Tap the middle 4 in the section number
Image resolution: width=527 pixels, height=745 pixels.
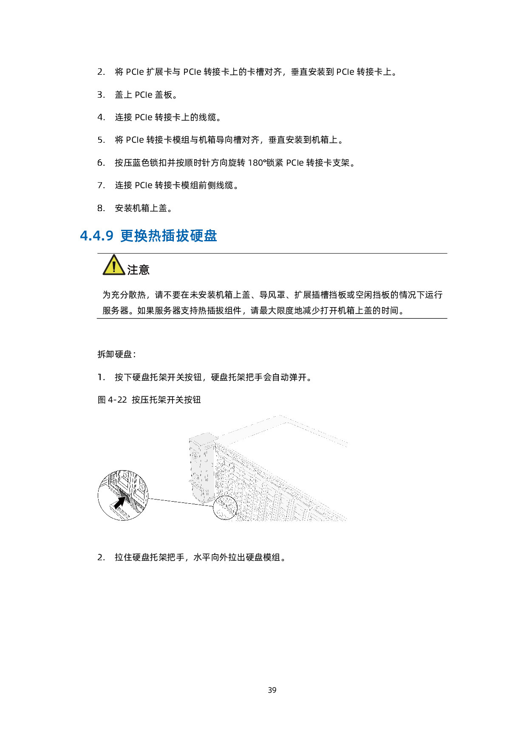click(96, 236)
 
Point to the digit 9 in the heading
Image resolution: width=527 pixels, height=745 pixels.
click(109, 236)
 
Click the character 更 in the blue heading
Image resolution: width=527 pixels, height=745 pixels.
click(127, 236)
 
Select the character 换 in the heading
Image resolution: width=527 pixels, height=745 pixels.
click(141, 236)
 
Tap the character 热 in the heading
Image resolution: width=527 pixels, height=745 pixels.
click(155, 236)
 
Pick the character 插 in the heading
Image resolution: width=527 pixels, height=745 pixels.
click(169, 236)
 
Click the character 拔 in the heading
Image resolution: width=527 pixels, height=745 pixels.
click(183, 236)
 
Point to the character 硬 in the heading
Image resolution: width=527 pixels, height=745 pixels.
click(196, 236)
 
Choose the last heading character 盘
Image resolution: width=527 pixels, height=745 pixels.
click(210, 236)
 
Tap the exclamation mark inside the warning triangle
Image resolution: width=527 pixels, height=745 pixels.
click(114, 267)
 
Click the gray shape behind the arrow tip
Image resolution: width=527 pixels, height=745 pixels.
click(126, 495)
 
